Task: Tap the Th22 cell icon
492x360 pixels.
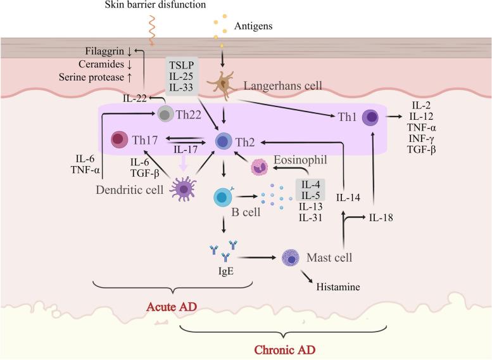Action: [x=165, y=115]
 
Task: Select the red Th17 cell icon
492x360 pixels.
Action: [x=120, y=139]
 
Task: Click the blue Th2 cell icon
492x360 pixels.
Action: [x=224, y=141]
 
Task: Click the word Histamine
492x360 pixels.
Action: [x=337, y=287]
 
